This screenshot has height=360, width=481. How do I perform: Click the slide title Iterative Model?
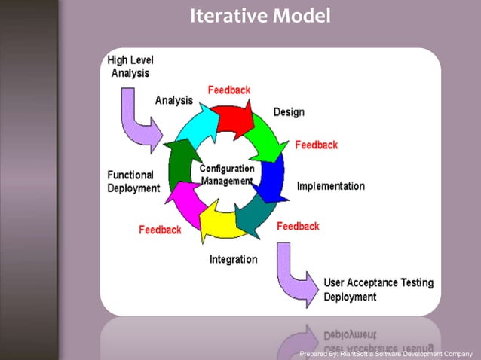260,15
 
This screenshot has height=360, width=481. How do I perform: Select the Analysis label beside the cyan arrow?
173,99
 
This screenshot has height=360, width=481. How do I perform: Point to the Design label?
289,112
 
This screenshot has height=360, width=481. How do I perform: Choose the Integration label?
233,260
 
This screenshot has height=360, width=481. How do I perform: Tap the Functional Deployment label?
133,182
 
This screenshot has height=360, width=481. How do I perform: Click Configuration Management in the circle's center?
226,175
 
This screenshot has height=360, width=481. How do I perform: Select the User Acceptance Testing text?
378,283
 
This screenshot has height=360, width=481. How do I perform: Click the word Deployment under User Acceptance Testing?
350,297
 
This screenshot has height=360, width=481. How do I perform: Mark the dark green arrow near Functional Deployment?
179,162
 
